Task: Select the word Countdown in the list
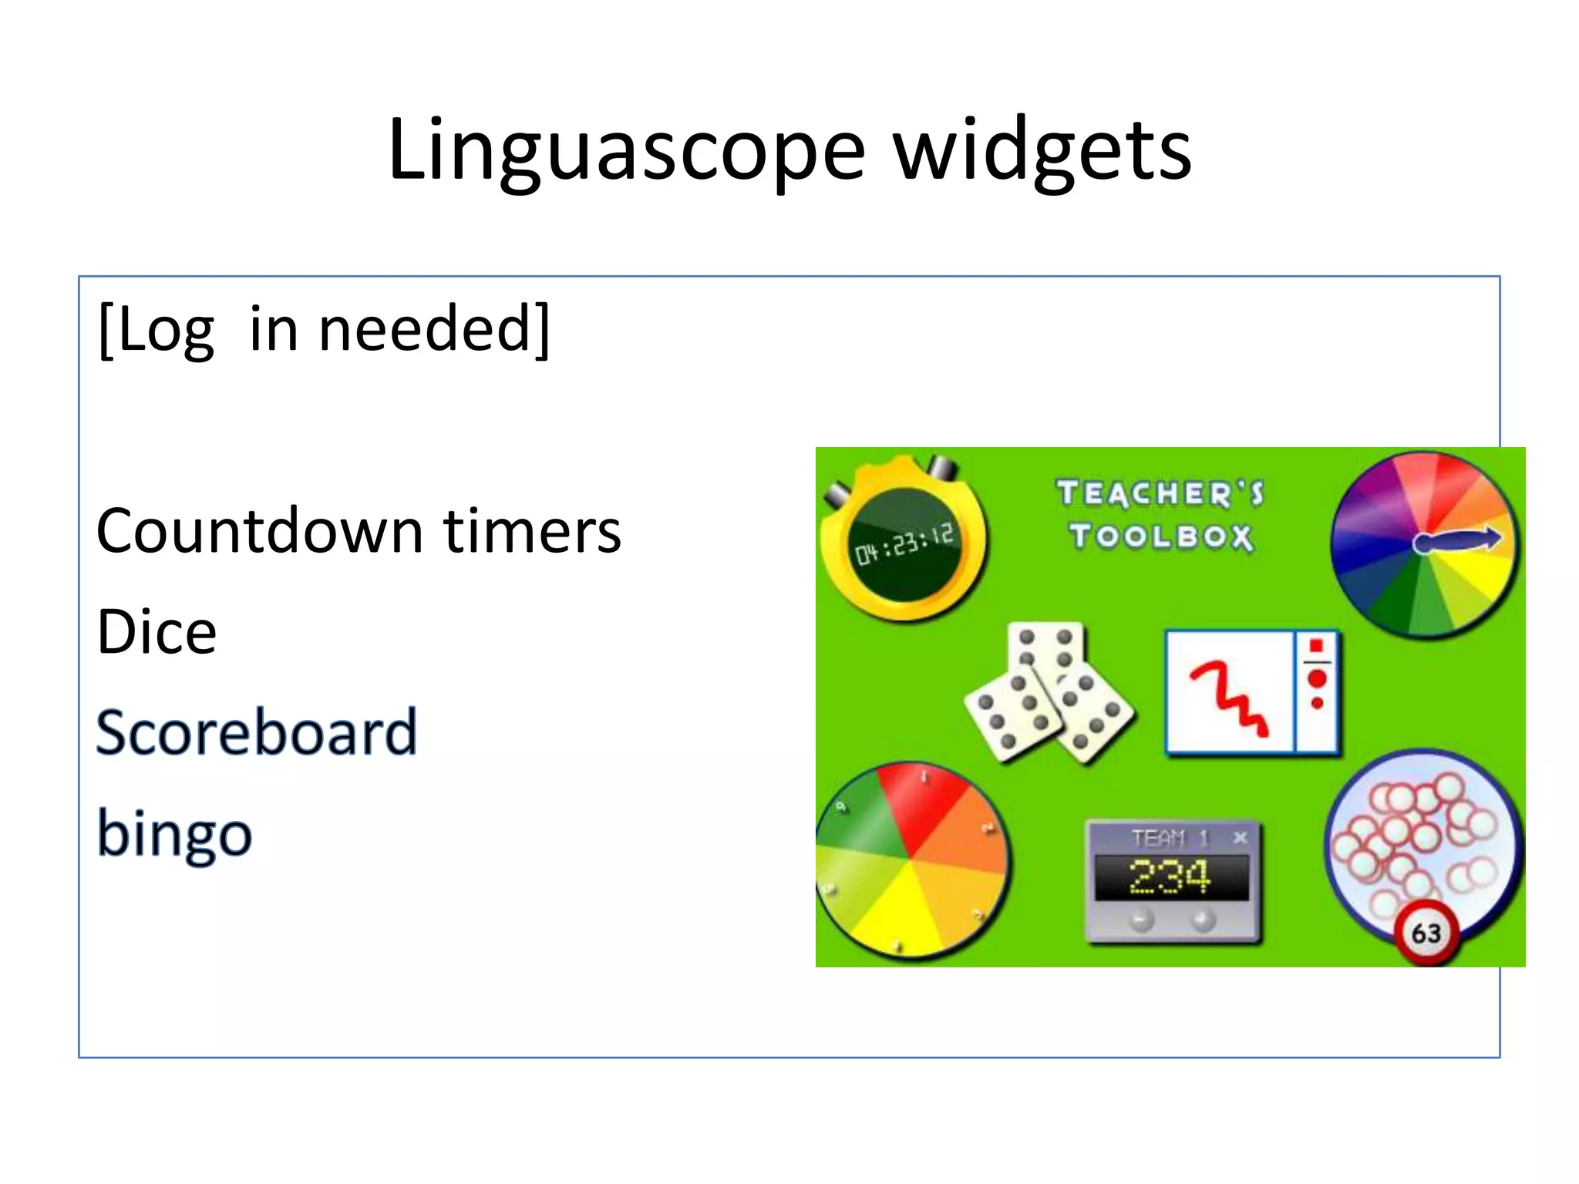(260, 531)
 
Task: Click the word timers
(532, 531)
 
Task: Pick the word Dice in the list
(157, 632)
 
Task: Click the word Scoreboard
(257, 732)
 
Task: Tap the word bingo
(174, 834)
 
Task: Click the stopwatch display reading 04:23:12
(904, 544)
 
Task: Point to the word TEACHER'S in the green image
(1160, 493)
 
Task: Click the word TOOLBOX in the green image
(1160, 536)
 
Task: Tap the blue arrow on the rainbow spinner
(1456, 540)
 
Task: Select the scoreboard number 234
(1170, 877)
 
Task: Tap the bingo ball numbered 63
(1426, 933)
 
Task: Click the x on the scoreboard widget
(1240, 838)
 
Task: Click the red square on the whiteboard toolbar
(1317, 645)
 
